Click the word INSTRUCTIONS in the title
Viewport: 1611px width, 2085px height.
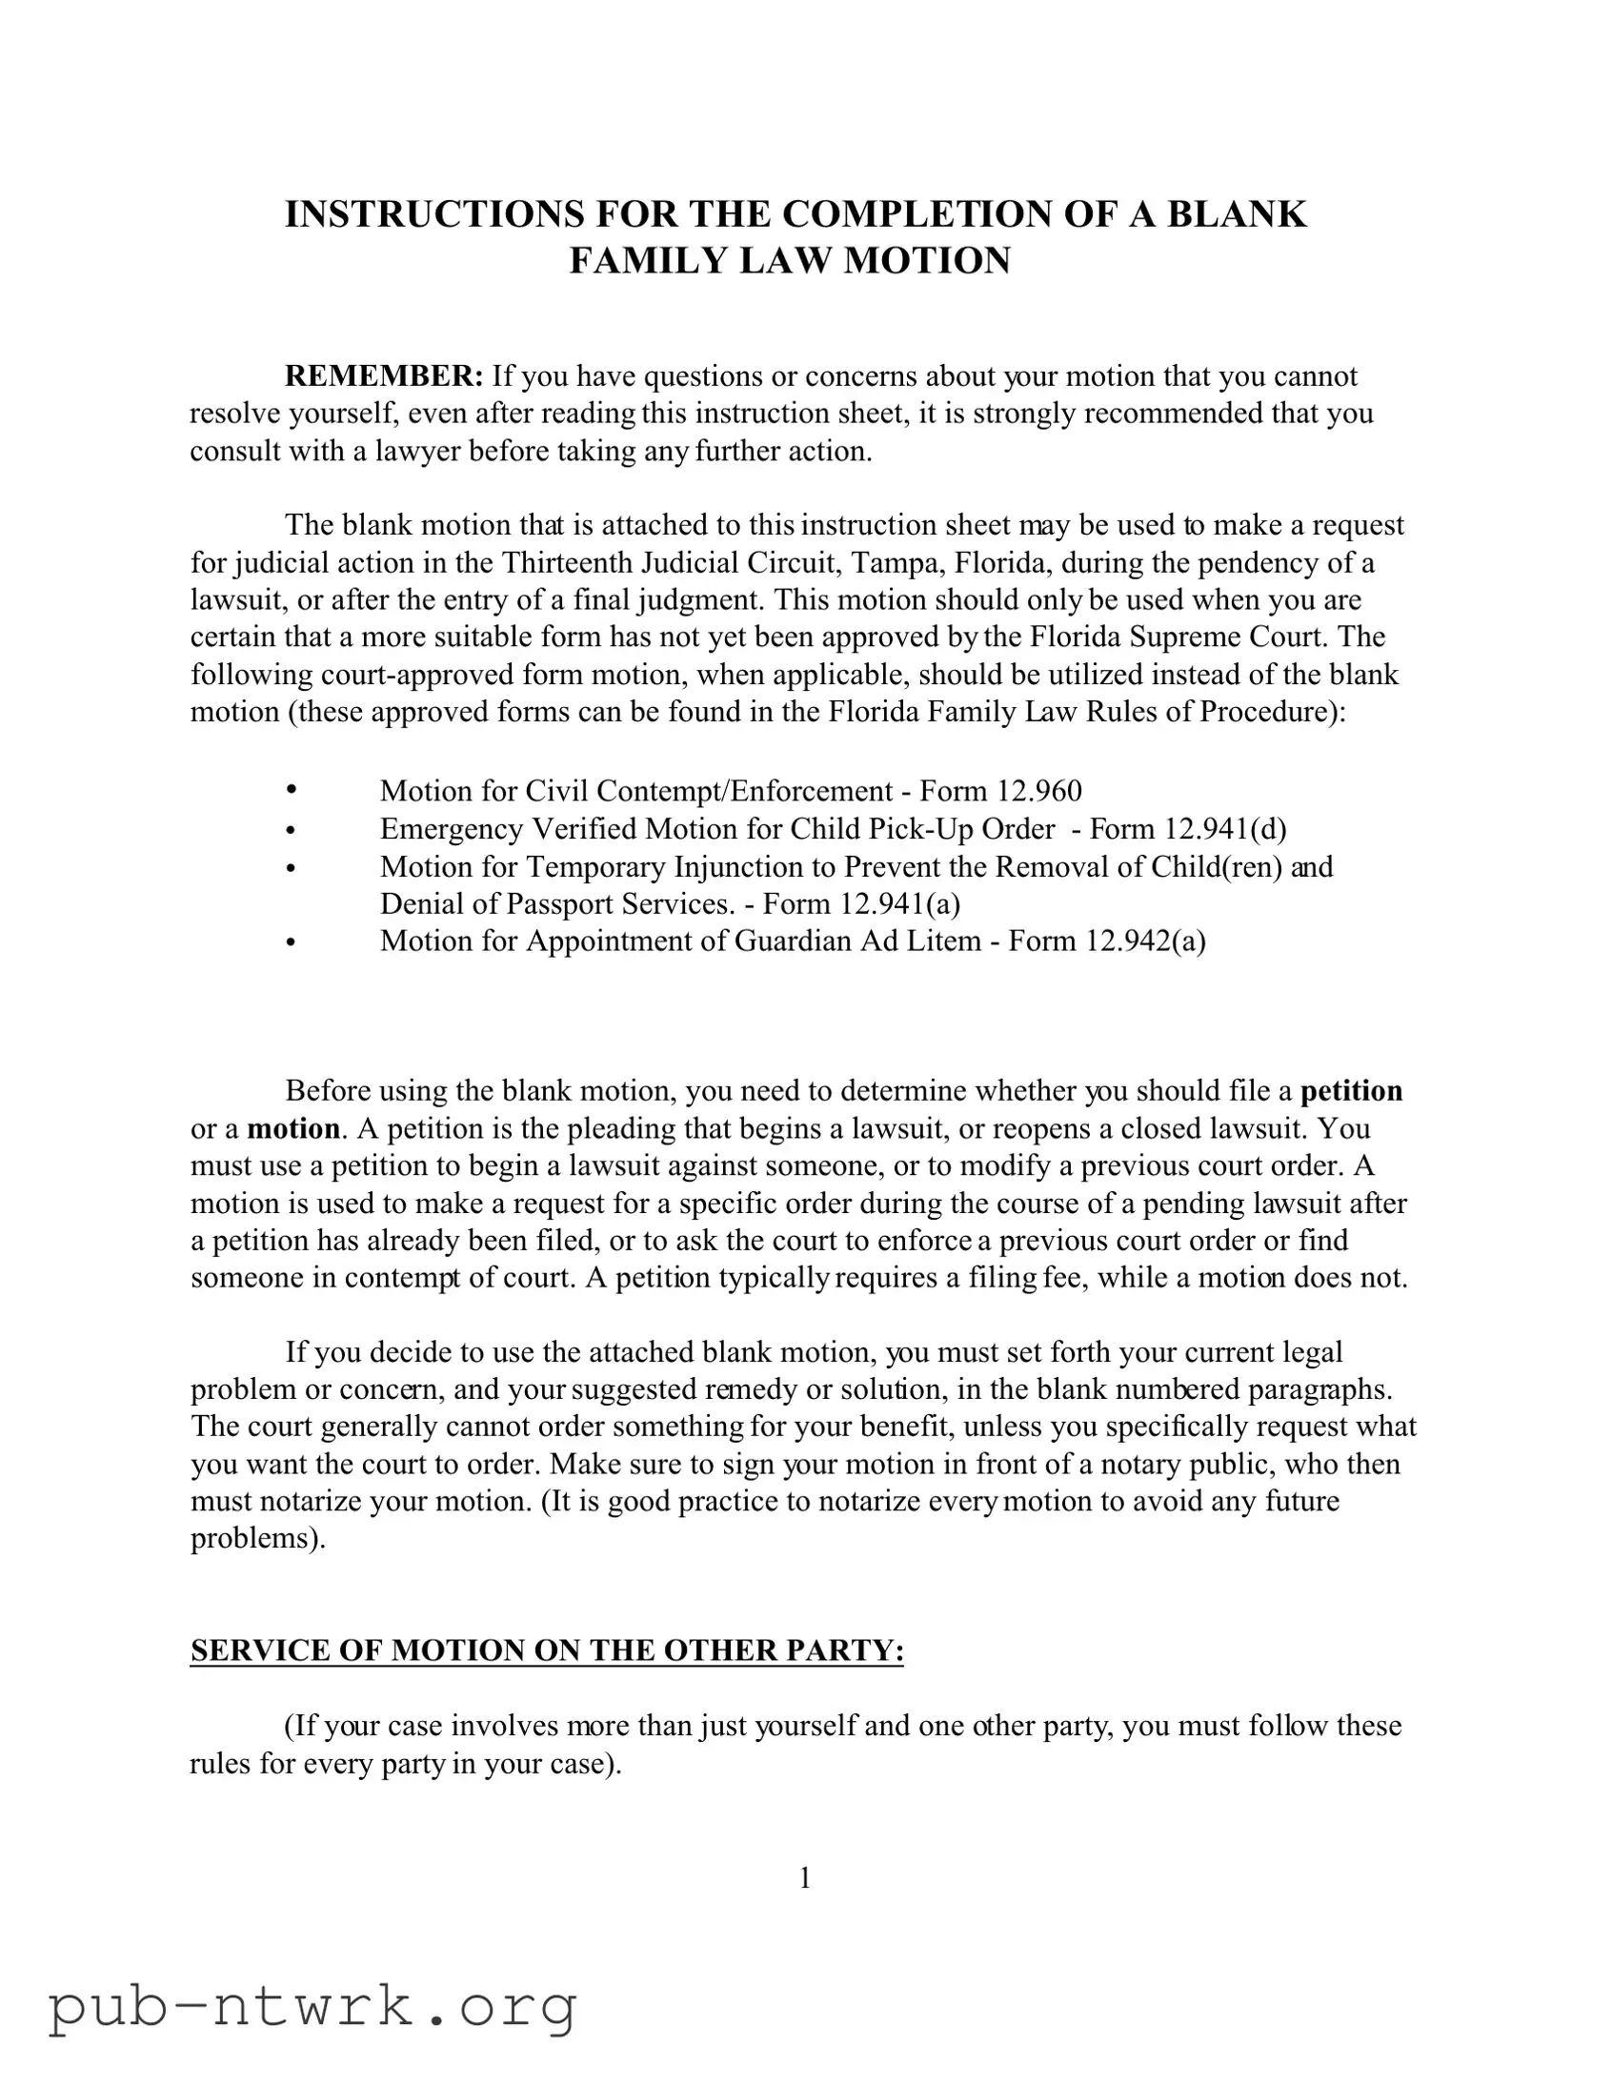434,213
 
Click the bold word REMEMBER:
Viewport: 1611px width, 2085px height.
385,376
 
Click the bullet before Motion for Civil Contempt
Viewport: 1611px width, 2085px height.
292,790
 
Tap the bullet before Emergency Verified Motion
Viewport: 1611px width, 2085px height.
292,830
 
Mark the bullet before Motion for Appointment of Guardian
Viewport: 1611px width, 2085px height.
292,942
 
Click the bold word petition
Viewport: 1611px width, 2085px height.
1352,1091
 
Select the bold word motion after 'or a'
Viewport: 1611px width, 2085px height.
293,1128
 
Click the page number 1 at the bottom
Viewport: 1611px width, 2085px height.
804,1879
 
